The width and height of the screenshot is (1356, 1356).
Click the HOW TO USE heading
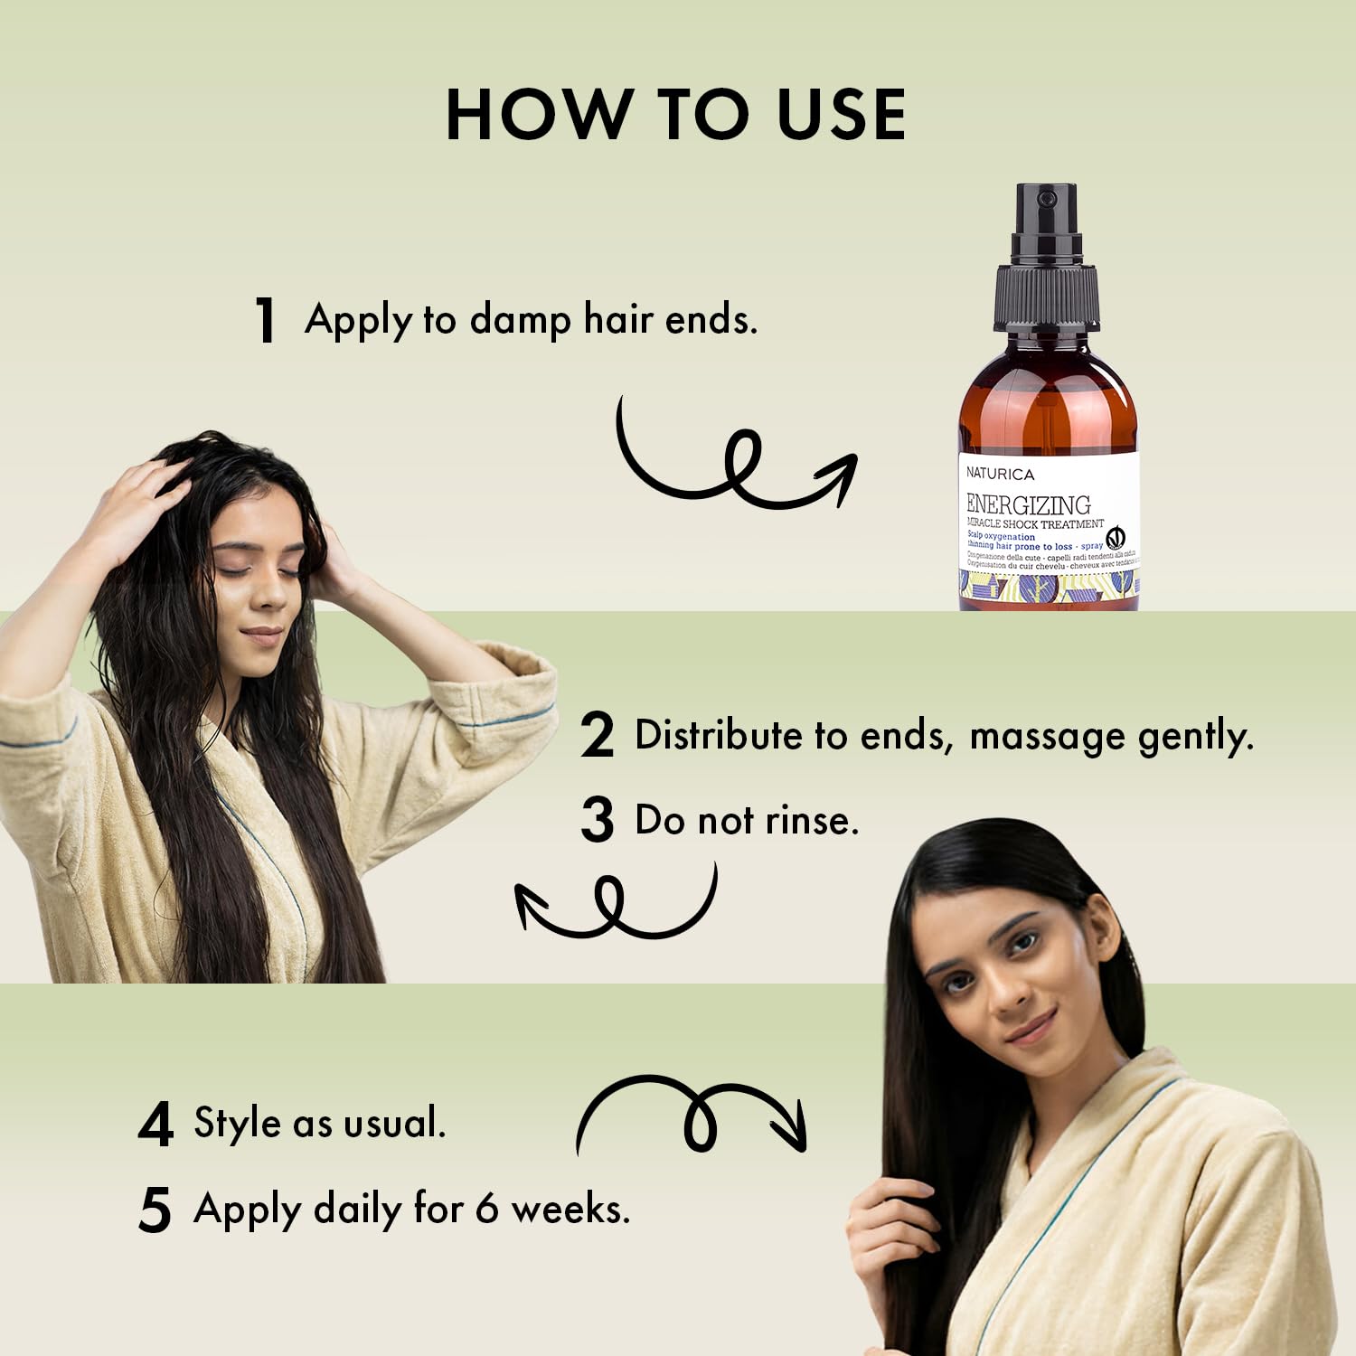[x=676, y=115]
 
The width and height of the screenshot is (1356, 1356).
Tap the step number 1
[x=265, y=320]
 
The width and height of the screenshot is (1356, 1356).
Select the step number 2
[x=597, y=735]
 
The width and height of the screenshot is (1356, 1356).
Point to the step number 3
[x=597, y=820]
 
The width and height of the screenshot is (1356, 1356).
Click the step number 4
[x=155, y=1125]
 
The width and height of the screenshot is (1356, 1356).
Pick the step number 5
[x=155, y=1210]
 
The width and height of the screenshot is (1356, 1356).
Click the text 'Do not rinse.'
[x=747, y=820]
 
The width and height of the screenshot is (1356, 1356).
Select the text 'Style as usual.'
[x=320, y=1123]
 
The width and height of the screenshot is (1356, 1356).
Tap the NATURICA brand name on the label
[x=1000, y=474]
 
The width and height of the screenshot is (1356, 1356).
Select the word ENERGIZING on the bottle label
[x=1028, y=504]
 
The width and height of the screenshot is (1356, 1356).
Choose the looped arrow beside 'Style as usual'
[x=692, y=1114]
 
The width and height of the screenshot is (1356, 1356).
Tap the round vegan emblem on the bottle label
[x=1116, y=537]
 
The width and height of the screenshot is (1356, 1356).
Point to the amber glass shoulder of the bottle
[x=1047, y=380]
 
